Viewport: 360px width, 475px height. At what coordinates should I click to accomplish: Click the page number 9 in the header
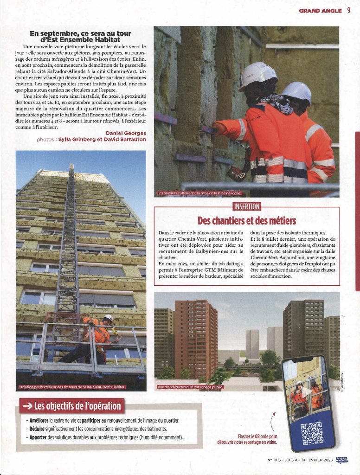[x=348, y=11]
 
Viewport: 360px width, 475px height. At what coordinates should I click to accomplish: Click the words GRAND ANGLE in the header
[x=321, y=11]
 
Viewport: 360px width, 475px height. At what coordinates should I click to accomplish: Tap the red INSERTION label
[x=246, y=206]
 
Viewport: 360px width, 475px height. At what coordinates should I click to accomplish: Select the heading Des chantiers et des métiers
[x=246, y=219]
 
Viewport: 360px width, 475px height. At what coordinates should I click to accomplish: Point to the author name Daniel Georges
[x=126, y=133]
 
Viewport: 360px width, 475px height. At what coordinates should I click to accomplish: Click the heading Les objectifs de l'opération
[x=77, y=407]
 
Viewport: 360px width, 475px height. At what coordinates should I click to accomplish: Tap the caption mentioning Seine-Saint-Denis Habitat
[x=72, y=387]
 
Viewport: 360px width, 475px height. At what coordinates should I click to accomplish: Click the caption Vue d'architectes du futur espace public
[x=190, y=387]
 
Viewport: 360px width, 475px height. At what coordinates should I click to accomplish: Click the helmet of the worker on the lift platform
[x=109, y=318]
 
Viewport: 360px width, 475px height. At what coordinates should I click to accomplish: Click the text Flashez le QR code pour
[x=257, y=436]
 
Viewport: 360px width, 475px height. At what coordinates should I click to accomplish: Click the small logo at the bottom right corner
[x=341, y=460]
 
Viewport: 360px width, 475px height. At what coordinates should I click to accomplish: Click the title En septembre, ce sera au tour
[x=80, y=33]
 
